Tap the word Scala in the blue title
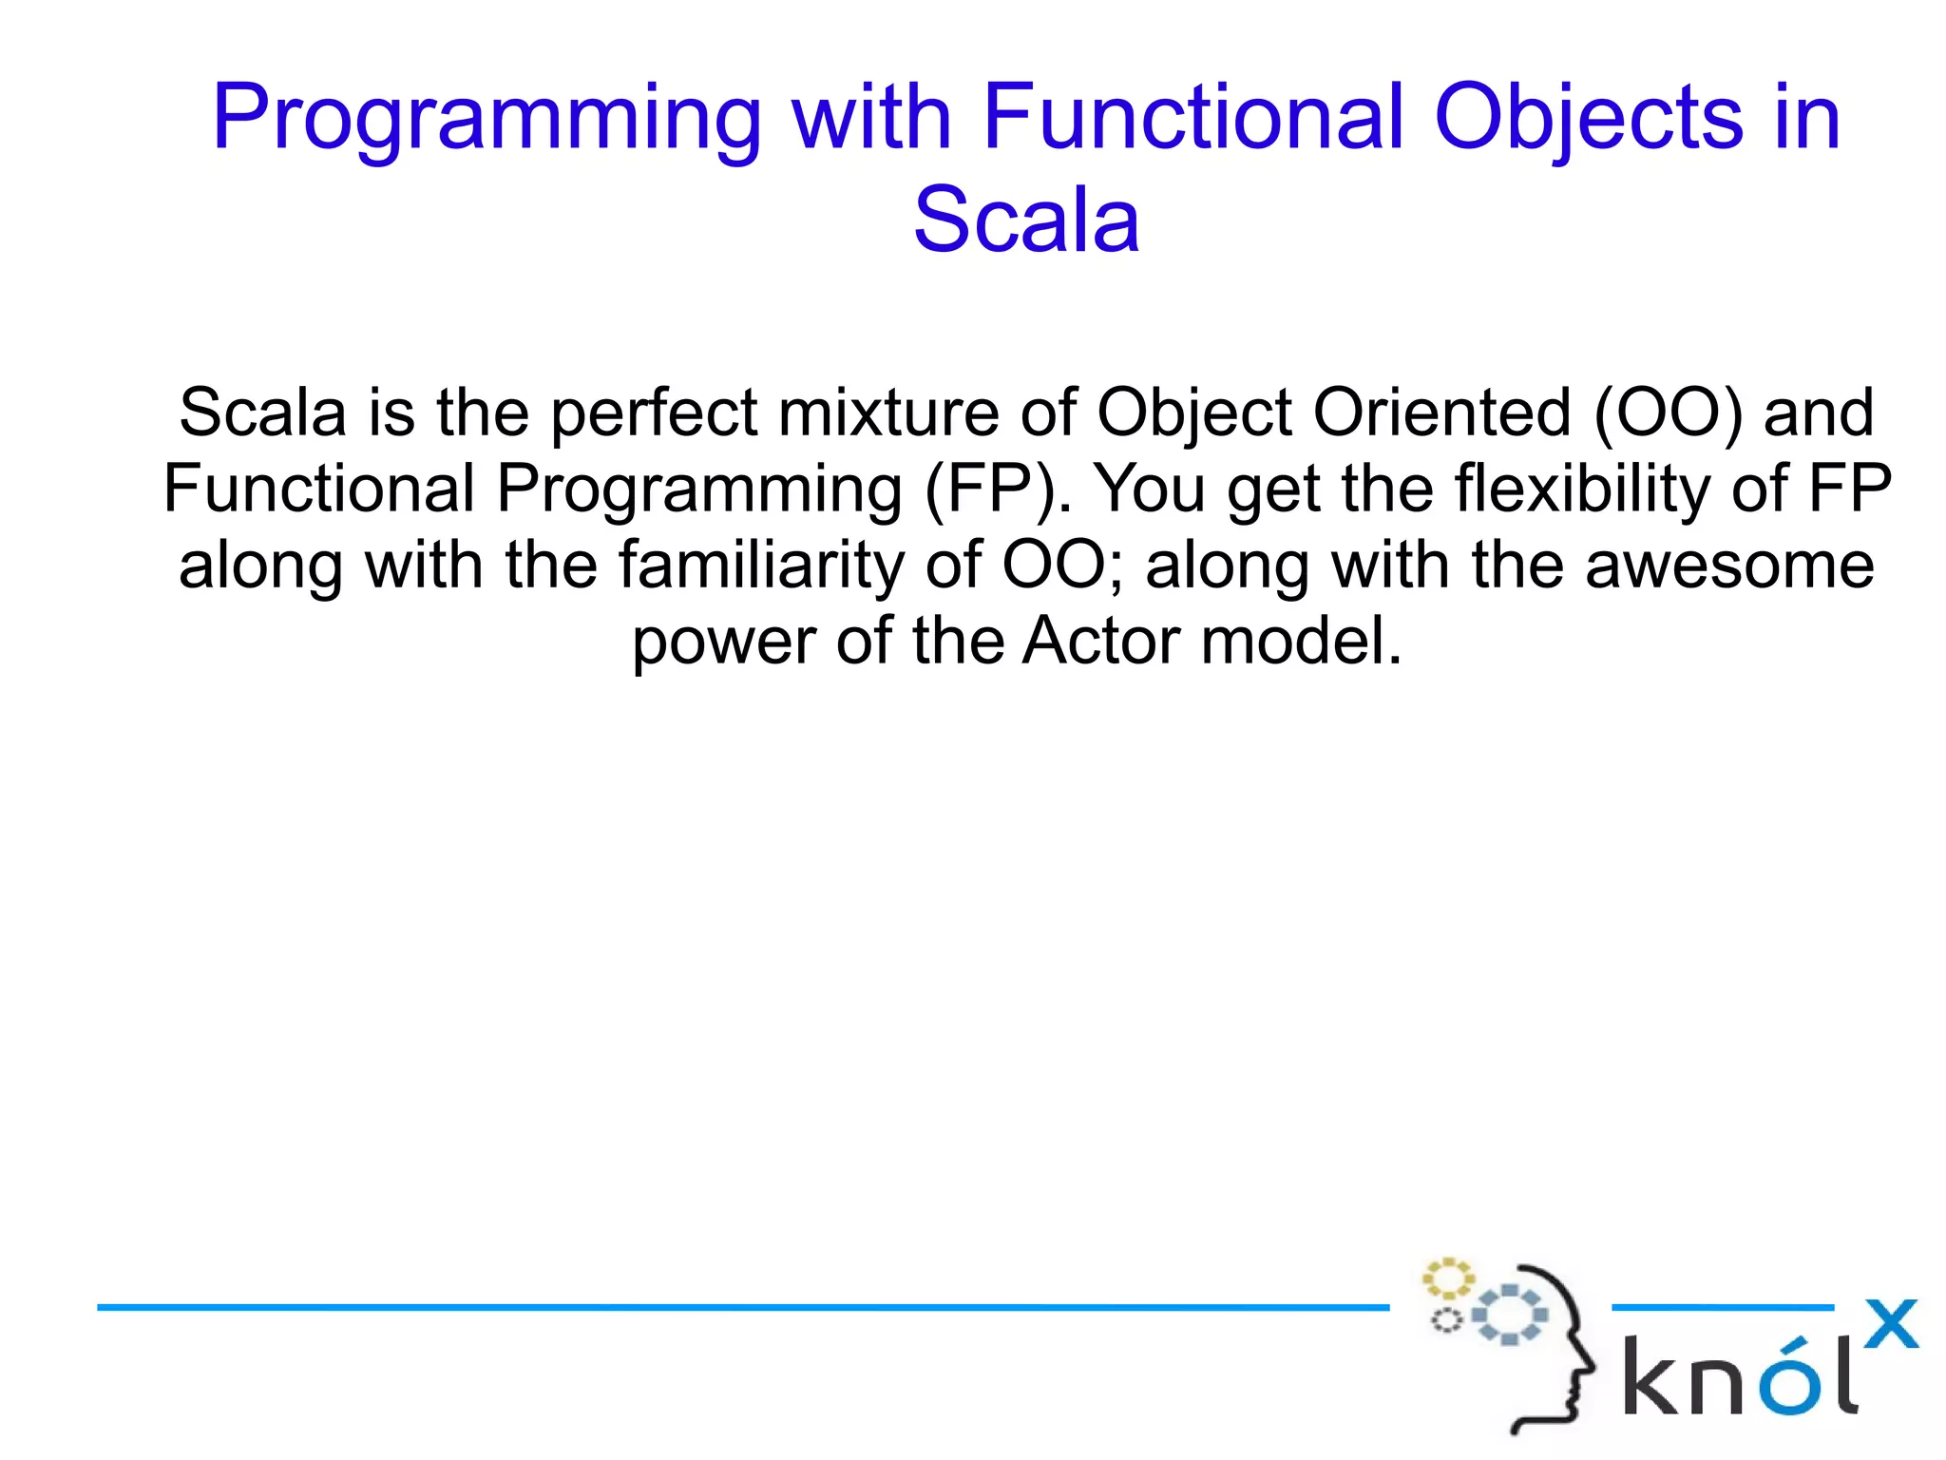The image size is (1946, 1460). pyautogui.click(x=1026, y=221)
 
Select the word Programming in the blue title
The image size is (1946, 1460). pyautogui.click(x=486, y=119)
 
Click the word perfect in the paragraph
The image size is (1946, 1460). pyautogui.click(x=654, y=414)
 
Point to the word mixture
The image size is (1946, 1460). pyautogui.click(x=887, y=414)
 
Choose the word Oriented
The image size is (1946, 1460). pyautogui.click(x=1441, y=414)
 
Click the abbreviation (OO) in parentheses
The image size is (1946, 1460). pyautogui.click(x=1668, y=414)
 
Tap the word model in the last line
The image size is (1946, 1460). pyautogui.click(x=1301, y=643)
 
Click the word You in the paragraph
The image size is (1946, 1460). pyautogui.click(x=1150, y=490)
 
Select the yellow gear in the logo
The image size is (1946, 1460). pyautogui.click(x=1446, y=1279)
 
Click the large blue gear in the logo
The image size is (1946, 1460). pyautogui.click(x=1509, y=1316)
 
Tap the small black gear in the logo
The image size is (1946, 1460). pyautogui.click(x=1446, y=1320)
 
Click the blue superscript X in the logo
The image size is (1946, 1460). pyautogui.click(x=1891, y=1324)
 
